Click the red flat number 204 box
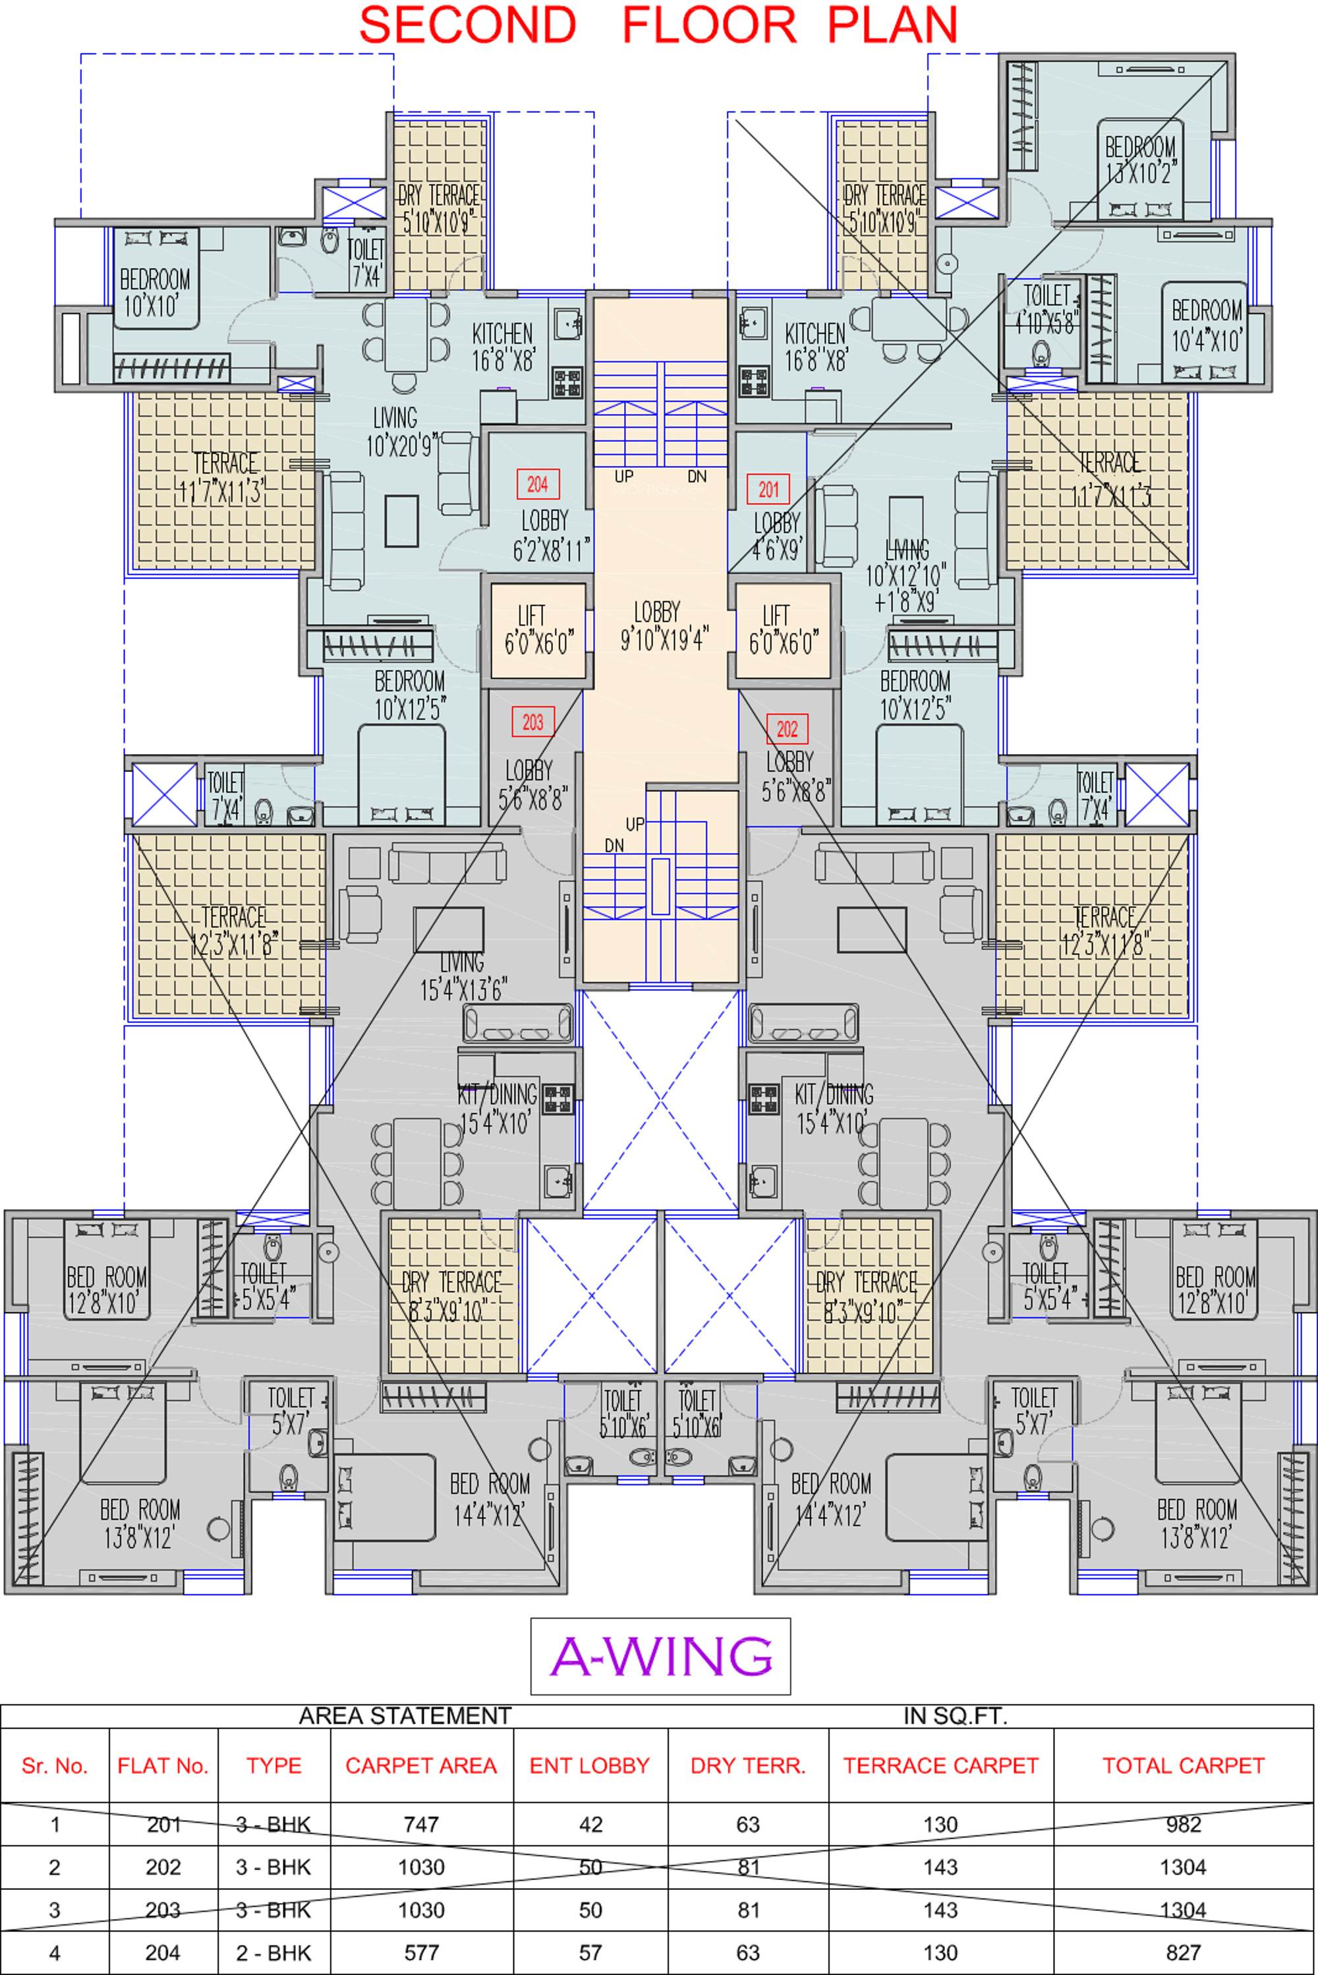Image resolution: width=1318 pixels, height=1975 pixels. click(x=537, y=485)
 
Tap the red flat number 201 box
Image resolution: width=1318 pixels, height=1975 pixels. click(x=768, y=489)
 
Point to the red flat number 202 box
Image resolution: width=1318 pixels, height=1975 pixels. click(x=787, y=729)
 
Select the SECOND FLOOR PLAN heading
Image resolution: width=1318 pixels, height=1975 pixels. click(x=658, y=25)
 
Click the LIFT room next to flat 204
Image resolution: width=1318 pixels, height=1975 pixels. click(x=538, y=631)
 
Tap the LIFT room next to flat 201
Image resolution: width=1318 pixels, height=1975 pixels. click(x=783, y=631)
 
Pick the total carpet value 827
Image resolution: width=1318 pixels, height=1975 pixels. click(x=1183, y=1953)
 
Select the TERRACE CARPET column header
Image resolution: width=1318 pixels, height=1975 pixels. click(x=940, y=1765)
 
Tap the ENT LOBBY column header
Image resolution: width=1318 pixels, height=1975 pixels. click(x=589, y=1765)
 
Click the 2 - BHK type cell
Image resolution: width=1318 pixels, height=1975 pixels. click(x=273, y=1953)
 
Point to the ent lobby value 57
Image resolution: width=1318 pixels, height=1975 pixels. click(x=590, y=1953)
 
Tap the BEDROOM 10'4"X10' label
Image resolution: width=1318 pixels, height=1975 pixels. click(x=1207, y=326)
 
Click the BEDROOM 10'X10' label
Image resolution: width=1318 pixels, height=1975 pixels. click(x=155, y=293)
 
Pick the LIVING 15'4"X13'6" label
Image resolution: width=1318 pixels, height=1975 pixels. click(x=463, y=976)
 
